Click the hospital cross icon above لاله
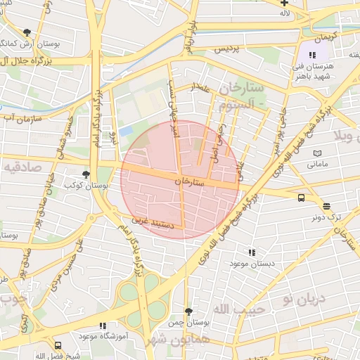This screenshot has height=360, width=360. (x=283, y=4)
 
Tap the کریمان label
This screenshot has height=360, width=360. (x=326, y=35)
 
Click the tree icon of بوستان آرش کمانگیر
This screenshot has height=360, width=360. (x=27, y=32)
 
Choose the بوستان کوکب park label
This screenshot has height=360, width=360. (x=79, y=186)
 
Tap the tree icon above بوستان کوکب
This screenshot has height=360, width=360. (x=86, y=174)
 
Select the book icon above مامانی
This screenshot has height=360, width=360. (x=317, y=153)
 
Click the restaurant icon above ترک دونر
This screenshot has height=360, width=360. (x=326, y=206)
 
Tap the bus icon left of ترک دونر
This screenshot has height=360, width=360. (x=301, y=198)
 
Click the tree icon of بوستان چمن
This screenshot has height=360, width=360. (x=188, y=311)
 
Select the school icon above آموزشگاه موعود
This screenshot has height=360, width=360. (x=103, y=326)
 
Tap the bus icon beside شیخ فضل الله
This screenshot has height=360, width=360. (x=58, y=345)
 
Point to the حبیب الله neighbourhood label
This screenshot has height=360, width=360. (x=238, y=309)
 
